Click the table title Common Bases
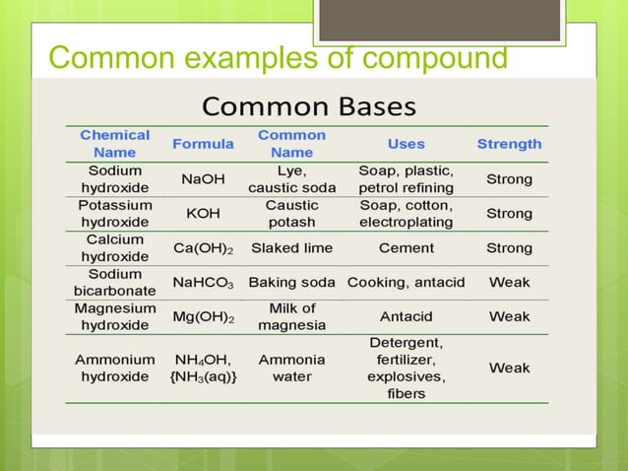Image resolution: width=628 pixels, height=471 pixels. [308, 105]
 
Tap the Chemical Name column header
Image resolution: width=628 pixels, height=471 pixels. [115, 143]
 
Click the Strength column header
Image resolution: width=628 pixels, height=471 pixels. [509, 144]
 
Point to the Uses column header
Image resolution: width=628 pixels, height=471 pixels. [406, 144]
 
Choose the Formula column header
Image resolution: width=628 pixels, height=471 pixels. [203, 144]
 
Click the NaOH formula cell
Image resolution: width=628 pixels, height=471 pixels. [203, 179]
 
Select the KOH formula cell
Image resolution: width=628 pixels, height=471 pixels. [203, 213]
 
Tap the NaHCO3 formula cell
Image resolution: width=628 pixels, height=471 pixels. [203, 282]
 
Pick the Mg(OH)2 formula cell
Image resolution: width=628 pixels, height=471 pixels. [203, 316]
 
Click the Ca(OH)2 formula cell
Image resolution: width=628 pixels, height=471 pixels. [203, 247]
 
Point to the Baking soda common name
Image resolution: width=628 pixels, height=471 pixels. [291, 282]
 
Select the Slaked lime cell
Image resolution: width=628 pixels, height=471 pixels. [291, 247]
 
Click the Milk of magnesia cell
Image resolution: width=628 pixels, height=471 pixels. [291, 316]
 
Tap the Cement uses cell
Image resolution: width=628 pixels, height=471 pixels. [406, 247]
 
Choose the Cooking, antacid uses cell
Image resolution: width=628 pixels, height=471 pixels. [406, 282]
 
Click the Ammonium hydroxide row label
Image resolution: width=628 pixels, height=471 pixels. [115, 369]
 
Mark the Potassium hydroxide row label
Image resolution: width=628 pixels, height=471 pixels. [115, 213]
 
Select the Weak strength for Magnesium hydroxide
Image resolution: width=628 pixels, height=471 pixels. [509, 316]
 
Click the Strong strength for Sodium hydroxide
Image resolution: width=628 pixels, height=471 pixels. [509, 179]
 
